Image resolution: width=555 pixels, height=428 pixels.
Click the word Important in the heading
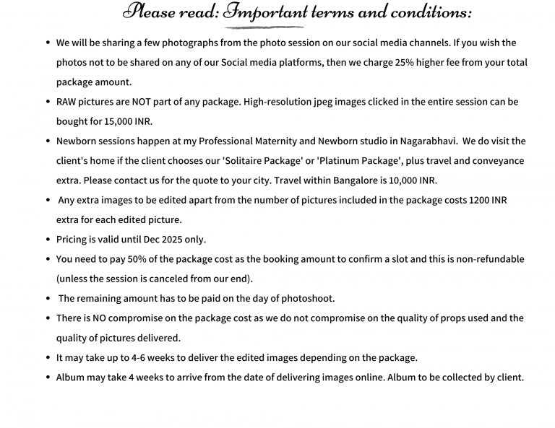click(x=268, y=12)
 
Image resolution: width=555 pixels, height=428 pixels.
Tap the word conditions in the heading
click(x=429, y=12)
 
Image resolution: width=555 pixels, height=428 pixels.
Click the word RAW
click(x=67, y=102)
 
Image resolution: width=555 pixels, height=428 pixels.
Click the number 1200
click(x=479, y=200)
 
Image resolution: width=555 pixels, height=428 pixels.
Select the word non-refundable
click(x=482, y=259)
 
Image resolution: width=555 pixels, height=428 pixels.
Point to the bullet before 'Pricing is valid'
click(x=48, y=240)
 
